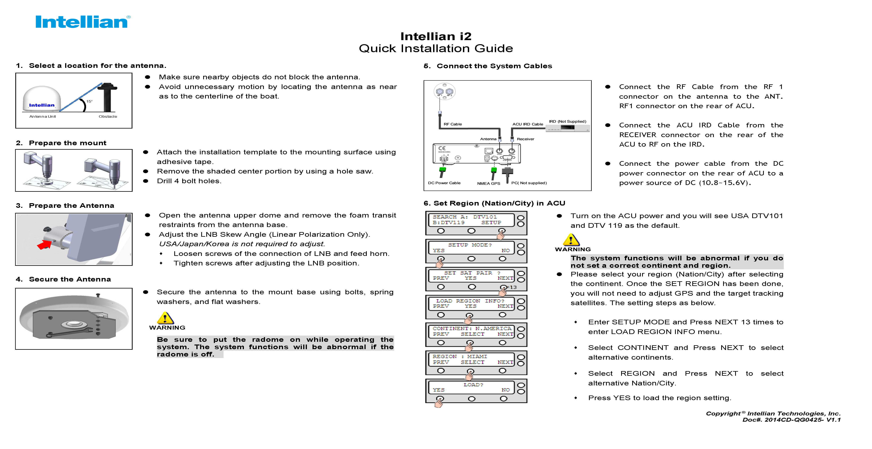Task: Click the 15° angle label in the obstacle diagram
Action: (x=89, y=101)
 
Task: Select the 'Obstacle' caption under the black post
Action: (x=108, y=117)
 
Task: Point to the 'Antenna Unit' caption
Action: (x=43, y=117)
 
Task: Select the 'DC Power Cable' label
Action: (x=444, y=183)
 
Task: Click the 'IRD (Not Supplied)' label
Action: (x=567, y=121)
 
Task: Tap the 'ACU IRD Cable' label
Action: (x=527, y=124)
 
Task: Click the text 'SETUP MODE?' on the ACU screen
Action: (x=470, y=245)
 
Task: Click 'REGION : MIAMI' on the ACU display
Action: (x=460, y=357)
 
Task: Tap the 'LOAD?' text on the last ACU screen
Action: (x=473, y=385)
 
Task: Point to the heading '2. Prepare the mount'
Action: (x=61, y=143)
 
